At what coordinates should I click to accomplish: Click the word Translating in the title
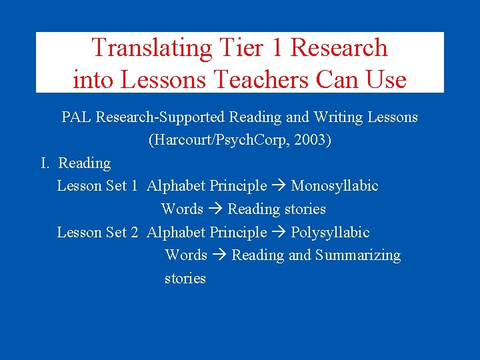(151, 49)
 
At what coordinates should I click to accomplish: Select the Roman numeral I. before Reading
(46, 163)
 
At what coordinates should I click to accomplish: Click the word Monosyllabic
(335, 186)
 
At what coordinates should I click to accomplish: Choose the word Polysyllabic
(330, 233)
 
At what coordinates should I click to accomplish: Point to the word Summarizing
(358, 255)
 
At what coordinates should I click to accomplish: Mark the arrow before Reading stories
(215, 209)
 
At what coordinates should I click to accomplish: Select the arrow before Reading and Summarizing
(219, 255)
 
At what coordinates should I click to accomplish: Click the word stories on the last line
(185, 279)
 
